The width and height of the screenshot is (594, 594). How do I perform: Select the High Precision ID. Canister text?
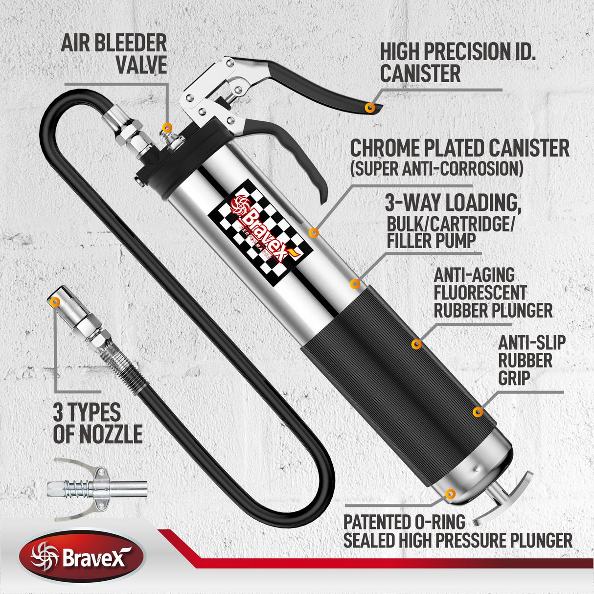[x=457, y=62]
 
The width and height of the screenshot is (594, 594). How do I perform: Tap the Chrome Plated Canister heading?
[x=459, y=148]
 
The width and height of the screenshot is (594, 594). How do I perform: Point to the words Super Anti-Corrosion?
[x=436, y=169]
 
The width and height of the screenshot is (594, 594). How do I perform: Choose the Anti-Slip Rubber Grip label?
[x=532, y=360]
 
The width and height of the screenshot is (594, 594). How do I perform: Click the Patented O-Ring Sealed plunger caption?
[x=457, y=531]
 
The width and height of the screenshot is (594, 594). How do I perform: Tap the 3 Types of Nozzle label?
[x=97, y=424]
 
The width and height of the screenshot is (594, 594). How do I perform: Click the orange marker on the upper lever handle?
[x=371, y=107]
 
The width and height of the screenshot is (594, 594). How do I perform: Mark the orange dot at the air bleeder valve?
[x=167, y=127]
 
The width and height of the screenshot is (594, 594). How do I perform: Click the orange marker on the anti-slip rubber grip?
[x=478, y=412]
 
